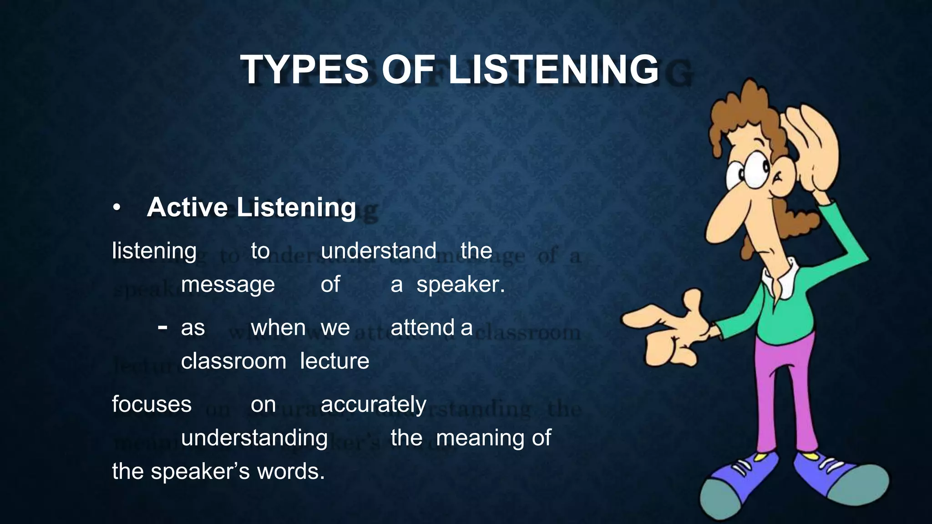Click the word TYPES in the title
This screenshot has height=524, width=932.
click(304, 70)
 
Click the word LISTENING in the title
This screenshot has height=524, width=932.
click(553, 70)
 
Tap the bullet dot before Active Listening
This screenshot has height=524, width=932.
click(117, 208)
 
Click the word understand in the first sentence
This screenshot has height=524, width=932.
click(378, 251)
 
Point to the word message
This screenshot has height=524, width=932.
click(228, 285)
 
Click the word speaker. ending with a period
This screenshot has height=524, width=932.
click(461, 285)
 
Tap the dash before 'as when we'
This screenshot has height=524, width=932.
click(162, 327)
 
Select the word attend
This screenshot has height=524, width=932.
click(422, 327)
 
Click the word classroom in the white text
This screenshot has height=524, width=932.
click(233, 361)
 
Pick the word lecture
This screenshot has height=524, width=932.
click(334, 361)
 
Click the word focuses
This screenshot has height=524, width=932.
click(152, 404)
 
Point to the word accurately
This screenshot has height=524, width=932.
click(373, 404)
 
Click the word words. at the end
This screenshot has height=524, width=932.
click(291, 471)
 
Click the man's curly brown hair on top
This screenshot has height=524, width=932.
click(746, 109)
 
